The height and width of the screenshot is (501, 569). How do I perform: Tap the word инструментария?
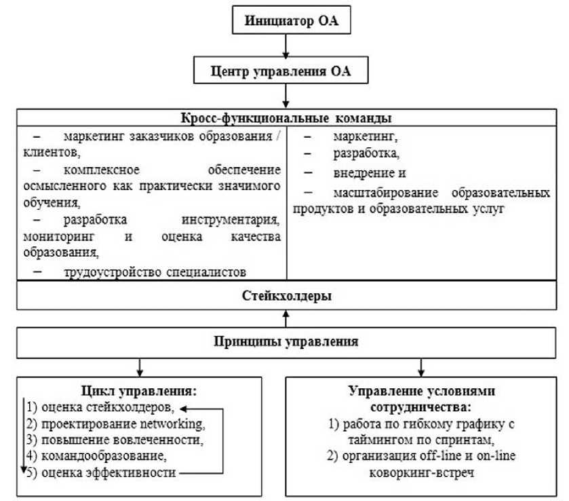(x=231, y=220)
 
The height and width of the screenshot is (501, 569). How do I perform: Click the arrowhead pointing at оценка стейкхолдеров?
(x=183, y=409)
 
